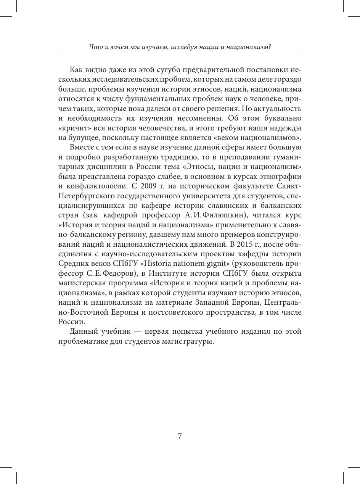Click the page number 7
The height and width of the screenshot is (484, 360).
180,437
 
